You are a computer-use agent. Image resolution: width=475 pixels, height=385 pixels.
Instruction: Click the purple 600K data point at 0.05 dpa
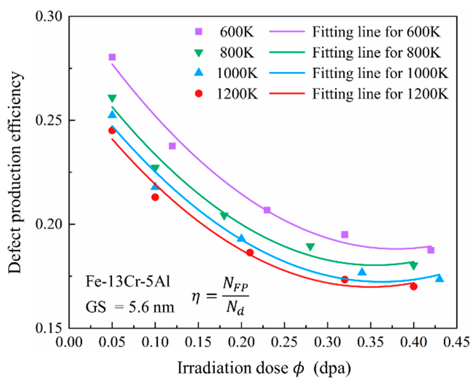(112, 57)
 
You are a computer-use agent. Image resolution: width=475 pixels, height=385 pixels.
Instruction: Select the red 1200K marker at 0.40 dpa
(413, 286)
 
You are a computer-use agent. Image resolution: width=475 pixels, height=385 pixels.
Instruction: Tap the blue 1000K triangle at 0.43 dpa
(439, 278)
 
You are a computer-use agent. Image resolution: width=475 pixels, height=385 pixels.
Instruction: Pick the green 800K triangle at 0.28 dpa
(310, 247)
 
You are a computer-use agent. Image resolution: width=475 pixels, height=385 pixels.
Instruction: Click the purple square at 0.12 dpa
(172, 146)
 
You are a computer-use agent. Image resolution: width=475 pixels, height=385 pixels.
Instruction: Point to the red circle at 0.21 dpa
(250, 253)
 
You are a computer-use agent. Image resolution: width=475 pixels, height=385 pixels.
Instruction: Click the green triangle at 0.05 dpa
(112, 98)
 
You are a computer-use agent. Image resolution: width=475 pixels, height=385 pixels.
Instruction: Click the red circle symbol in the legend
(199, 94)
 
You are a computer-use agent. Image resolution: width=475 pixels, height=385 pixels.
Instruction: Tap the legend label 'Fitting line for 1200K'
(380, 94)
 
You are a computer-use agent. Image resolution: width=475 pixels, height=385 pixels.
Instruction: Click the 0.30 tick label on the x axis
(327, 343)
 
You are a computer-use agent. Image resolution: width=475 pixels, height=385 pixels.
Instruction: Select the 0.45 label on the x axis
(456, 343)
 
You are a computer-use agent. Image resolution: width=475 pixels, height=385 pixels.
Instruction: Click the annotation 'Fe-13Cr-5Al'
(128, 282)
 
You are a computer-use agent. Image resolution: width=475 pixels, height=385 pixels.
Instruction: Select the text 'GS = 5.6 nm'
(130, 307)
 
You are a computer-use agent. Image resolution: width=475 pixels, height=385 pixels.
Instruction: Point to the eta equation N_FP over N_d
(220, 297)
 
